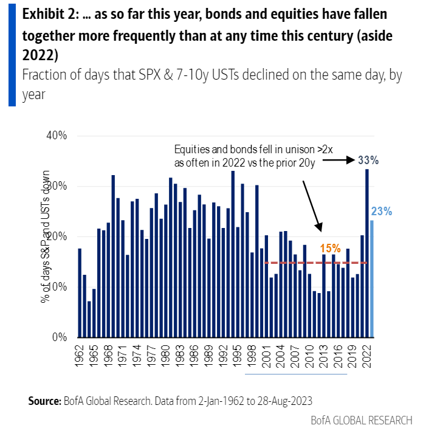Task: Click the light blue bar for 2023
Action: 372,278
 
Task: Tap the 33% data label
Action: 368,161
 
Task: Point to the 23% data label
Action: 381,212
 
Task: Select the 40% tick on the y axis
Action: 57,135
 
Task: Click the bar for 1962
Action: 80,292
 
